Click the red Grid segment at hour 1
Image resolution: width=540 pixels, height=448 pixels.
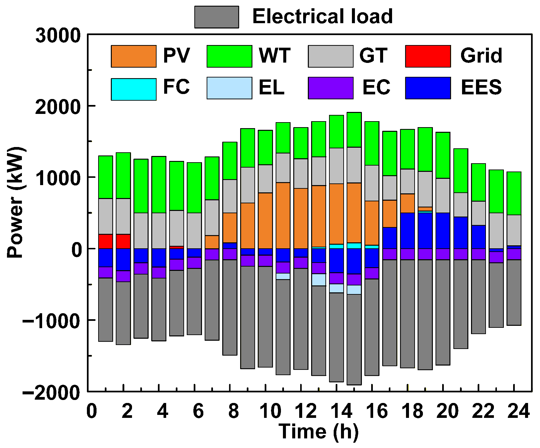click(105, 241)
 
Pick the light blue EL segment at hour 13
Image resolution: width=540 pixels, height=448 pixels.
click(318, 279)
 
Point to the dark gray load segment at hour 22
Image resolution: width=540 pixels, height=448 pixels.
click(478, 296)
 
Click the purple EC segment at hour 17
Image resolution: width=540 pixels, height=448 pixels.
click(389, 254)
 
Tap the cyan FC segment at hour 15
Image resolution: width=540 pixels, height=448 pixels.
click(354, 245)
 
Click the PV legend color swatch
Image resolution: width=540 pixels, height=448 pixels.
click(134, 56)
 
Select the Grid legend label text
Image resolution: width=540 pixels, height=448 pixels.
click(481, 56)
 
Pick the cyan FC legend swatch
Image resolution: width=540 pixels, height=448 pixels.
click(134, 89)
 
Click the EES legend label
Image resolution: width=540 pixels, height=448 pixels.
click(481, 87)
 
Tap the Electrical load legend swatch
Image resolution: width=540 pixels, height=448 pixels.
click(217, 17)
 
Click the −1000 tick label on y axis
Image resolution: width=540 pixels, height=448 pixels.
click(51, 321)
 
